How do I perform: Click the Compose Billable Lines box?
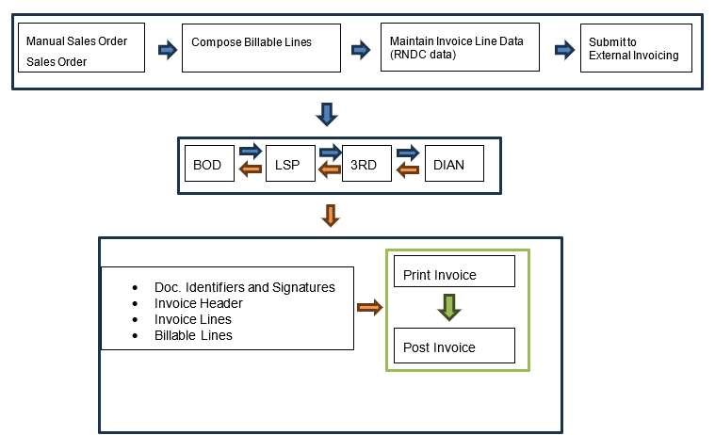click(260, 48)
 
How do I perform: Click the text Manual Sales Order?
click(76, 41)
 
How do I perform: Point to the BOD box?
click(207, 165)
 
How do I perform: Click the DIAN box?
click(453, 165)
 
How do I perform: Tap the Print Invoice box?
click(454, 271)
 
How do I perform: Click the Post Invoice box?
click(454, 346)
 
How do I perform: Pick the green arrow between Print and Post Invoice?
click(448, 308)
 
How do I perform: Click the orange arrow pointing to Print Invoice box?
click(369, 307)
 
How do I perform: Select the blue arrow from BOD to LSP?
click(251, 151)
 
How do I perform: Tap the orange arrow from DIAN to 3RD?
click(408, 170)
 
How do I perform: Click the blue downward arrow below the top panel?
click(327, 114)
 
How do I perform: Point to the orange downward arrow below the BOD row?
click(329, 216)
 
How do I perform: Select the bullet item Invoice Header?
click(198, 303)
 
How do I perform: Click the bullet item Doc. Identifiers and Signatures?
click(244, 287)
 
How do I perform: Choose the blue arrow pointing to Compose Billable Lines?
click(167, 50)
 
